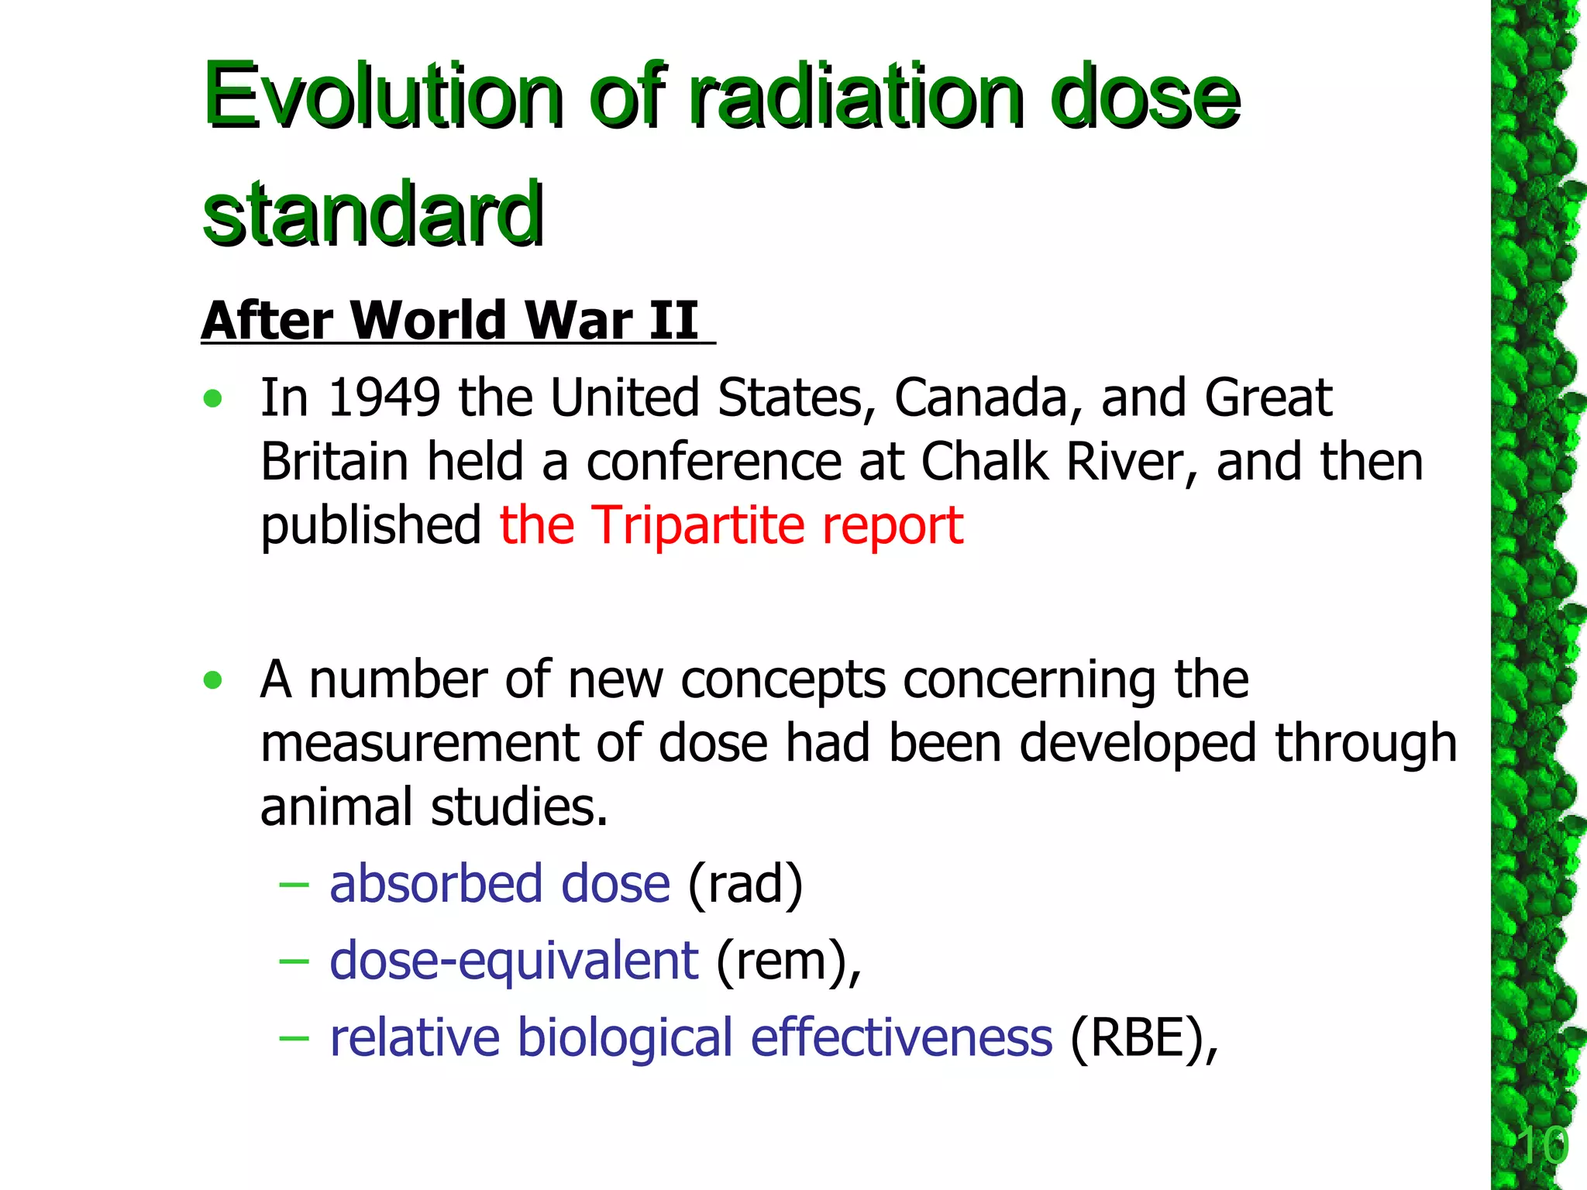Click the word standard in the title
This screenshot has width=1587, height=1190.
point(373,213)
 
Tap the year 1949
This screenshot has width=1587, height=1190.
point(384,398)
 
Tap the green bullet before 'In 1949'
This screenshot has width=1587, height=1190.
point(212,400)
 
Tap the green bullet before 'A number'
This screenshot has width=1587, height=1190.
point(212,681)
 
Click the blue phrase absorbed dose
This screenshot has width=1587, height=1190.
point(499,884)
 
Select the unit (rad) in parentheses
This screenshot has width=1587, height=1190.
point(745,884)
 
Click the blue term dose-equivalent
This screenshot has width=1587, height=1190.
point(514,961)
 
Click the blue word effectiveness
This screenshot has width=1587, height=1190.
point(901,1037)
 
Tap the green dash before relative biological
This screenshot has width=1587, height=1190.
point(294,1037)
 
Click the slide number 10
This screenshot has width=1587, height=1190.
point(1542,1146)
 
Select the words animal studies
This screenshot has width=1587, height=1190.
point(434,807)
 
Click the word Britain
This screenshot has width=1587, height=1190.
point(334,463)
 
